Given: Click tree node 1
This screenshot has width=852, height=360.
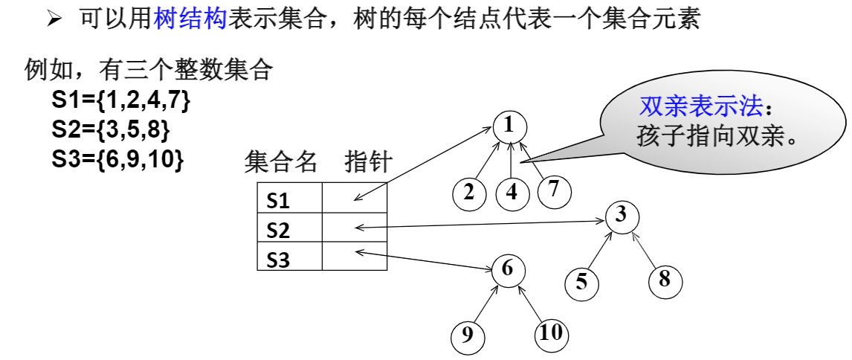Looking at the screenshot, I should (509, 126).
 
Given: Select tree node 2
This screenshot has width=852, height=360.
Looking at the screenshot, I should (469, 193).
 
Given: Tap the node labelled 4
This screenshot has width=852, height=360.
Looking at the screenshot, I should (511, 193).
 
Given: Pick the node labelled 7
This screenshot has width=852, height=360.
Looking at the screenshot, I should (554, 190).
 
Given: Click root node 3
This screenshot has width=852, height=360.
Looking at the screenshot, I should (622, 216).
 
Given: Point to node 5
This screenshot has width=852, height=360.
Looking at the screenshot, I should (581, 282).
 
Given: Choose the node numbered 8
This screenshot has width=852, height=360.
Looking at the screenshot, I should (665, 280).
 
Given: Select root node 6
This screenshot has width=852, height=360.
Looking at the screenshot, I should (508, 269).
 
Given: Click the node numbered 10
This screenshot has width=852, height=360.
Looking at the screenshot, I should (551, 333).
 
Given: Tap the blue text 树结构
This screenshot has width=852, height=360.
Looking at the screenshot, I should (190, 18).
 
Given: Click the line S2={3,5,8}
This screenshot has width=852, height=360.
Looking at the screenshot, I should (111, 129).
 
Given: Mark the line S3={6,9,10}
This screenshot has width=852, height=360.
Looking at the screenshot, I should (117, 158).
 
